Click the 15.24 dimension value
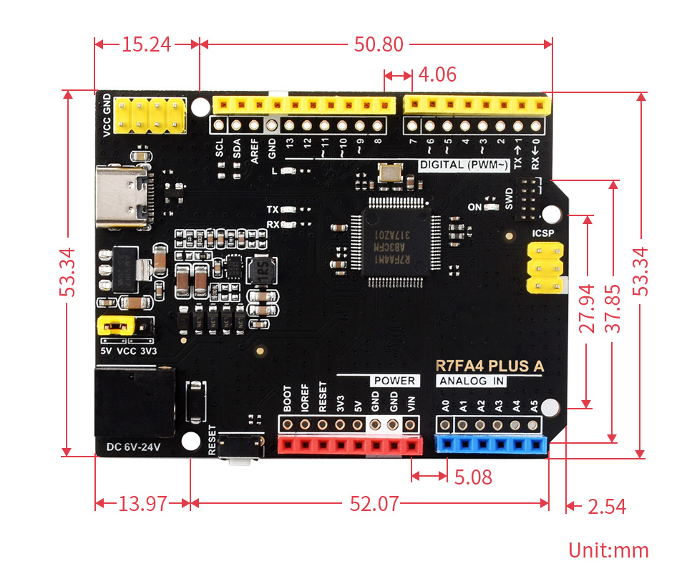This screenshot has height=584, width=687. [x=146, y=44]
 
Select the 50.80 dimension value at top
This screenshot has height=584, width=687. [x=379, y=44]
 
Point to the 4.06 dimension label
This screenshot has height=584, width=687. [x=437, y=74]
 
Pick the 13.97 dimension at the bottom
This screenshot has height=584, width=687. [x=142, y=504]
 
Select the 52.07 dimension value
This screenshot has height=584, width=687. [x=374, y=504]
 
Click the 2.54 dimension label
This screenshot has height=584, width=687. [x=606, y=507]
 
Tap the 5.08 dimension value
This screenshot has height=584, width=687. [x=473, y=477]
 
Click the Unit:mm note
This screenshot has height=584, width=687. [x=608, y=550]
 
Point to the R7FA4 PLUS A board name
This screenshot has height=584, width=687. [x=489, y=366]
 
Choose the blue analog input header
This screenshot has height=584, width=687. [x=491, y=446]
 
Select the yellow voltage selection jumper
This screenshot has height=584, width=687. [x=115, y=326]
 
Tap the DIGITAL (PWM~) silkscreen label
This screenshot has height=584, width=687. [x=464, y=165]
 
